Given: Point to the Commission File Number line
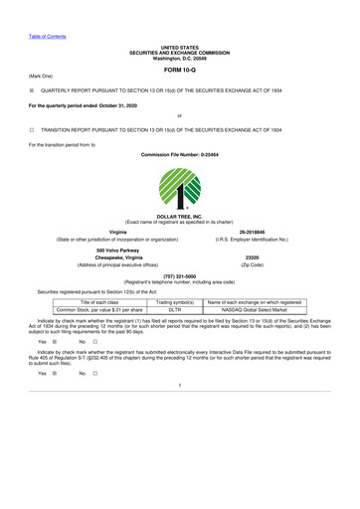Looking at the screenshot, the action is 180,156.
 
